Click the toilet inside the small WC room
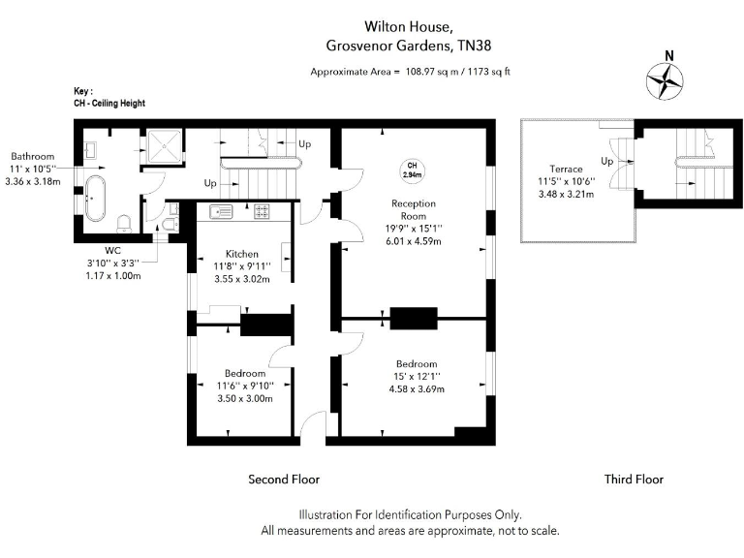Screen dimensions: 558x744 click(170, 226)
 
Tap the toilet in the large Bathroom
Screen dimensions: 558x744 click(123, 224)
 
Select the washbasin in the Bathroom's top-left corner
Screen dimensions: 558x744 click(90, 150)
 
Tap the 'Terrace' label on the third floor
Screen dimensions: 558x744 click(565, 169)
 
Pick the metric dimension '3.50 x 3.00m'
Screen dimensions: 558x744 click(244, 398)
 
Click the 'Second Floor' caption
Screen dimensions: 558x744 click(284, 479)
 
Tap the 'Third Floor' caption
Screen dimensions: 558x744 click(634, 479)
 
